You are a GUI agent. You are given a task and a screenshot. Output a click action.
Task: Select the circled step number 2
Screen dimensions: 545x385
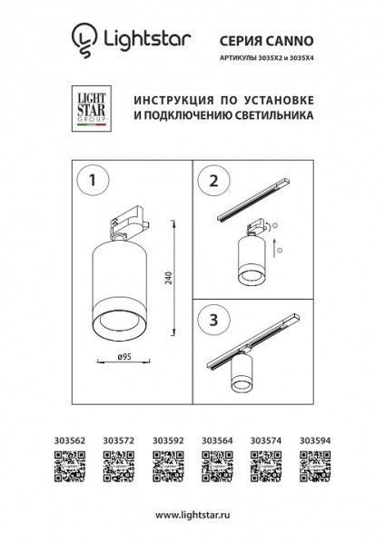[x=214, y=181]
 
